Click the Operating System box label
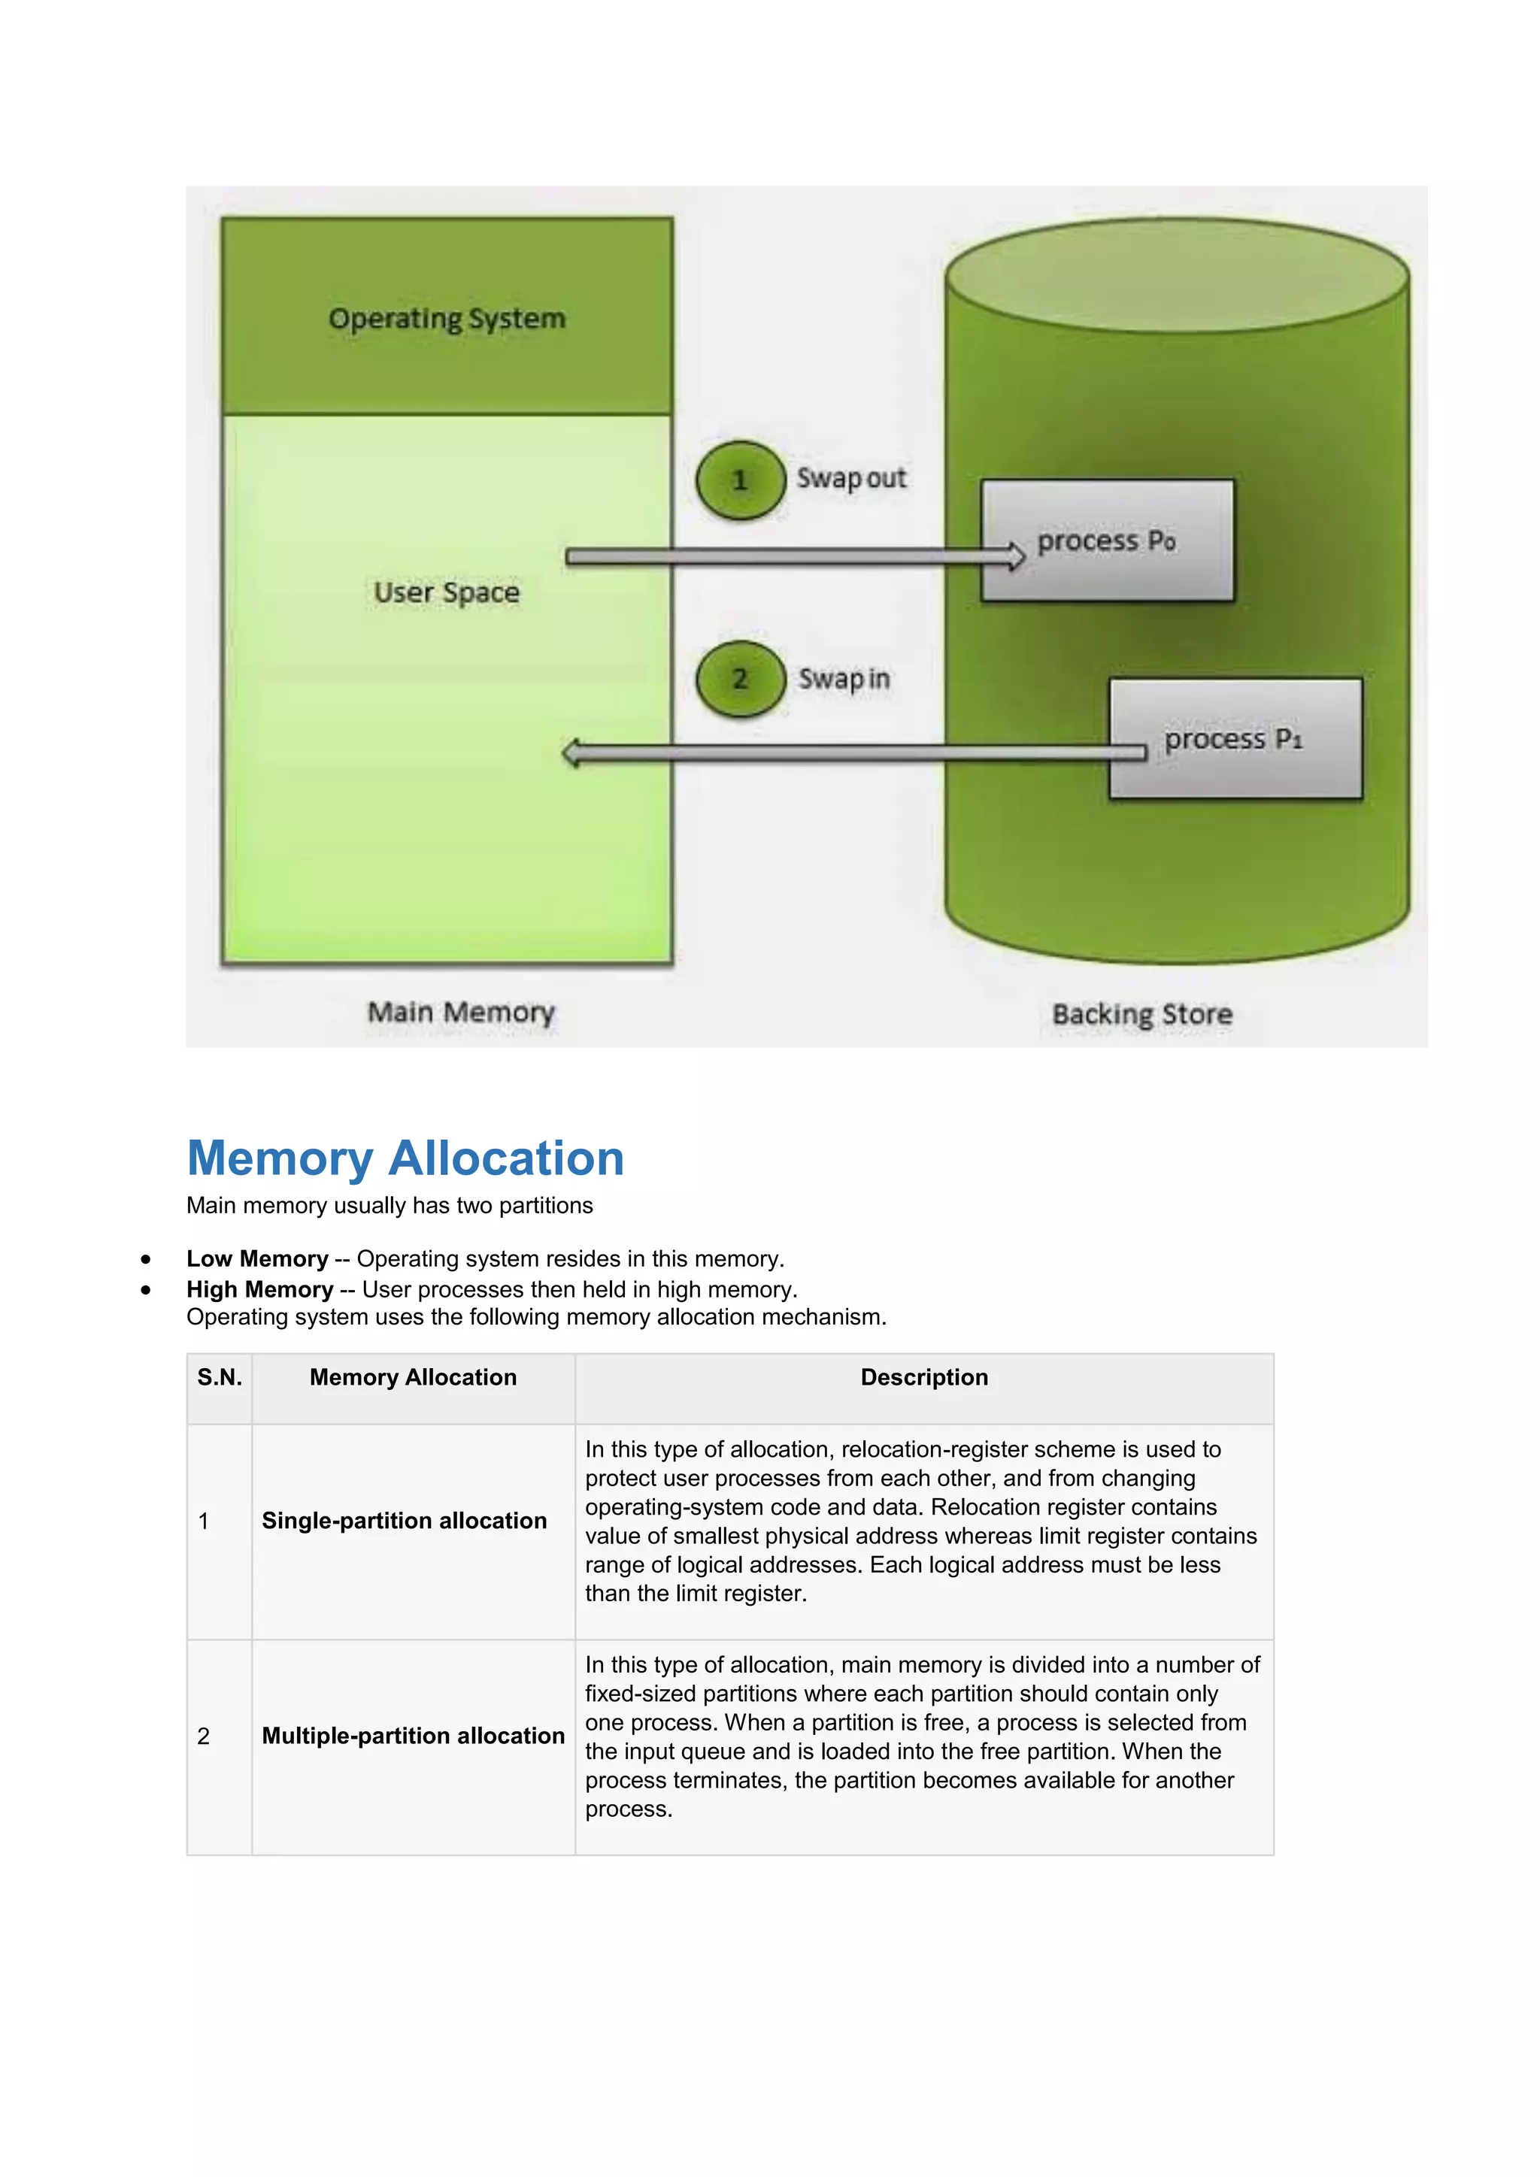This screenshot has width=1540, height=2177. click(447, 319)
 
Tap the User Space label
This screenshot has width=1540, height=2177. click(447, 592)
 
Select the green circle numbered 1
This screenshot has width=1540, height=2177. click(740, 480)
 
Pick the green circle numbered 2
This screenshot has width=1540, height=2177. click(740, 679)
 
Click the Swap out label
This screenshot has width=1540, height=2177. click(850, 479)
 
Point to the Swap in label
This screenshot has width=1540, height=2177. click(843, 679)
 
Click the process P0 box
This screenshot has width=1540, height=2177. click(1107, 541)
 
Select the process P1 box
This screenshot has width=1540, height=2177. click(1235, 739)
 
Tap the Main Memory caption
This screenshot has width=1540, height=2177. click(461, 1013)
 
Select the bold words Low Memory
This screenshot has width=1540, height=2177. click(257, 1258)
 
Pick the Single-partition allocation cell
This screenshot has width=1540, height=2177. click(404, 1521)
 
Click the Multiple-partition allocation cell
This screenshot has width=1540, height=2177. click(413, 1736)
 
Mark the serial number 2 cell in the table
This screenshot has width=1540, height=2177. click(204, 1736)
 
